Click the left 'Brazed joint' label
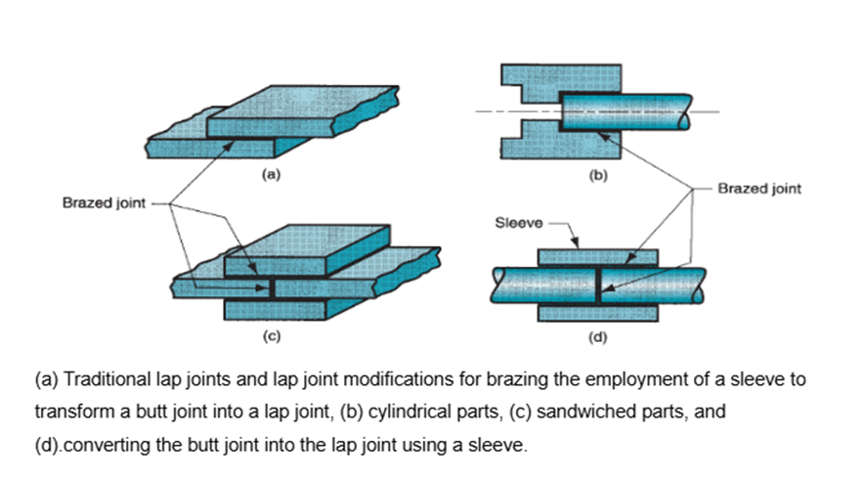(x=103, y=203)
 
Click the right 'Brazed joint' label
(x=758, y=189)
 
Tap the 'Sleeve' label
(x=519, y=223)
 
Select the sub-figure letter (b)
(x=596, y=177)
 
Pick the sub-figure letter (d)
(x=597, y=337)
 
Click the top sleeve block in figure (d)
(x=597, y=257)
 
